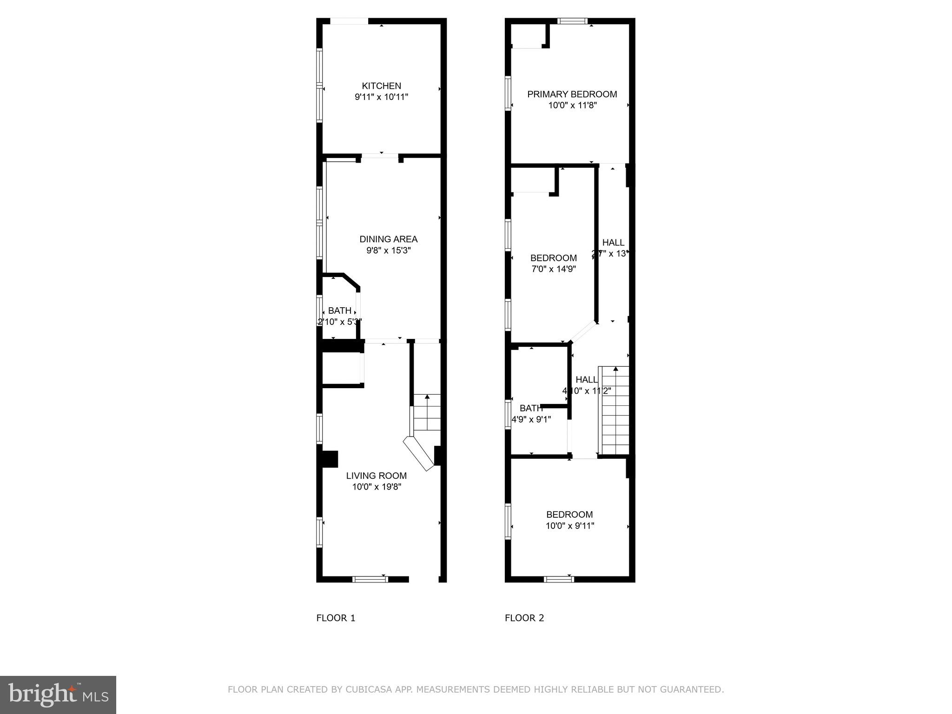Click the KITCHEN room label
pos(381,86)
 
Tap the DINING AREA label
pos(388,239)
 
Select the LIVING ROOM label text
pos(376,476)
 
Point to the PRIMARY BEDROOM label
pos(572,94)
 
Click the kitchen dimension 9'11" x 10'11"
pos(381,97)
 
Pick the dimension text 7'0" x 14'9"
pos(553,269)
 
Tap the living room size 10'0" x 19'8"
pos(376,487)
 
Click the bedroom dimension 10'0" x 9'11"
pos(569,526)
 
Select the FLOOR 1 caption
pos(336,618)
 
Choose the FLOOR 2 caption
pos(524,618)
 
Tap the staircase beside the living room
pos(427,412)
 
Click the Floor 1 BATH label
pos(339,311)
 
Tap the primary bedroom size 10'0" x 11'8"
pos(572,106)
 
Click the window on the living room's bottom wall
pos(370,579)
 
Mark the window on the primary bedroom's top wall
pos(572,21)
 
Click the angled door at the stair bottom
pos(418,454)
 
